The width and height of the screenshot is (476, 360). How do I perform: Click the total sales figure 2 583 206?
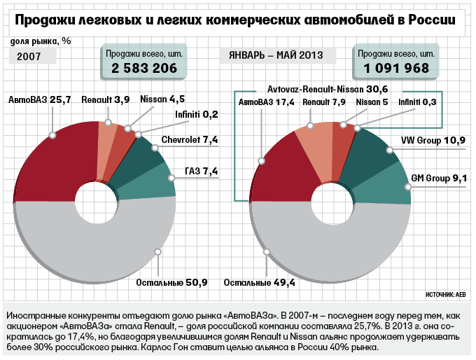coord(144,68)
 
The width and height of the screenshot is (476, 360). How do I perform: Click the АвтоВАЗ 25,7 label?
coord(40,101)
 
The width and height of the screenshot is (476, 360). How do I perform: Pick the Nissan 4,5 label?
coord(162,101)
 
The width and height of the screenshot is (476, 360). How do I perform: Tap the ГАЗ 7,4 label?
coord(201,170)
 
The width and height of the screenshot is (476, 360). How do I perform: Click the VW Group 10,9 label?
coord(433,141)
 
